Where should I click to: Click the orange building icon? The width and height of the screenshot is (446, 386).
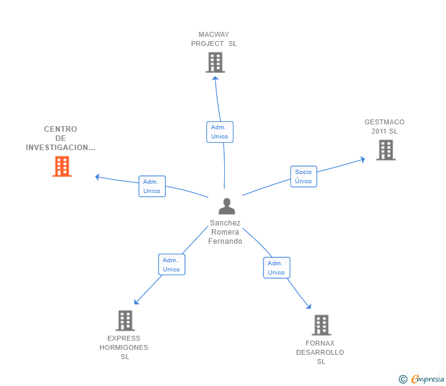(62, 167)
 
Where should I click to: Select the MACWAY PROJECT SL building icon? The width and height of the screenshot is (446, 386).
(215, 62)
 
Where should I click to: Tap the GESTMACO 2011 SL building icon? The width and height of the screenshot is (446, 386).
(386, 150)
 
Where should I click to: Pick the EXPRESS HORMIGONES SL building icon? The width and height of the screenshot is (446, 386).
(125, 320)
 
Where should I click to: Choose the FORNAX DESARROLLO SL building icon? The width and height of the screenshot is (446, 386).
(322, 325)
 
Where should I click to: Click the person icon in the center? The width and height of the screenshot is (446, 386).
(227, 206)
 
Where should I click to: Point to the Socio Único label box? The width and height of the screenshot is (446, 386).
(303, 176)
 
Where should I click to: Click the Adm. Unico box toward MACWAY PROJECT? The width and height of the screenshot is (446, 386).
(220, 132)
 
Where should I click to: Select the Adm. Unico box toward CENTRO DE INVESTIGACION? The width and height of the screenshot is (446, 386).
(152, 186)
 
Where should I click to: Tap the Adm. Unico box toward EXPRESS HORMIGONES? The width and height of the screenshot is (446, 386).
(172, 265)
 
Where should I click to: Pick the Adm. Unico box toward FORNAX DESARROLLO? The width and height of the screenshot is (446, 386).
(276, 268)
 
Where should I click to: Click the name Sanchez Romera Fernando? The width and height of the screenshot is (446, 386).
(225, 232)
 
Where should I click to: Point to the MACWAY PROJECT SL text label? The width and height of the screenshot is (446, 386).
(214, 39)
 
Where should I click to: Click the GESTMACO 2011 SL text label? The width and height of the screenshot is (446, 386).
(385, 127)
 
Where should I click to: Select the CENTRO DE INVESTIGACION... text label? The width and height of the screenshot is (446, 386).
(61, 138)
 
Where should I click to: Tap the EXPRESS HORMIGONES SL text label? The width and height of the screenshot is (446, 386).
(124, 347)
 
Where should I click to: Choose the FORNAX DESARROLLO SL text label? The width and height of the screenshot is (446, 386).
(320, 352)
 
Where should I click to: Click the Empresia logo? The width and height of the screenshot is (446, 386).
(421, 379)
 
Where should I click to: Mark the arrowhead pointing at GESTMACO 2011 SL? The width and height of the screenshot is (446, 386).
(363, 159)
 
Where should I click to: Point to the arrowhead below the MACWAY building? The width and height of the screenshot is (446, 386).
(215, 78)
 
